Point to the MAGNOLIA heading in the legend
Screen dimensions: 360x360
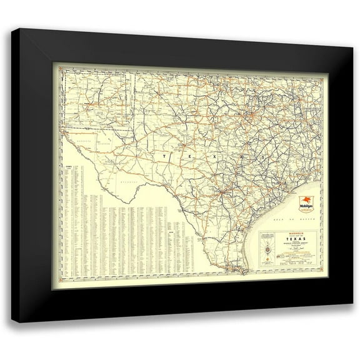(x=288, y=234)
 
